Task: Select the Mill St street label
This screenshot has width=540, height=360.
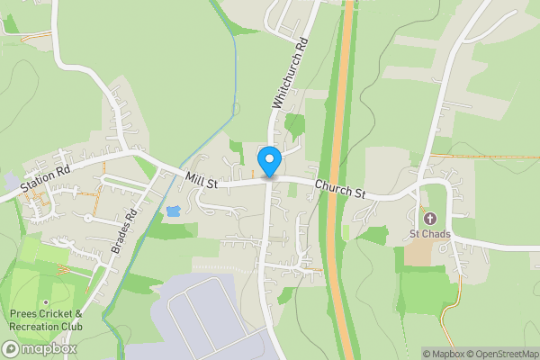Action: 202,182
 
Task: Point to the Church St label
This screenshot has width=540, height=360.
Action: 340,189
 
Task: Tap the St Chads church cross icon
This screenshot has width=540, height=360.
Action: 429,219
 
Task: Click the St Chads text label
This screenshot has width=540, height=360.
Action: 428,235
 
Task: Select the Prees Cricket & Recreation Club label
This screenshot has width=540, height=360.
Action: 45,319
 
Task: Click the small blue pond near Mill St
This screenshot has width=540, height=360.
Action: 173,211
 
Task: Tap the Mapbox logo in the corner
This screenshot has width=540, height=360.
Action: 40,348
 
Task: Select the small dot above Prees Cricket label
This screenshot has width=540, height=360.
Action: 45,302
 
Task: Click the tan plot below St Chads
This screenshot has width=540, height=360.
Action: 418,253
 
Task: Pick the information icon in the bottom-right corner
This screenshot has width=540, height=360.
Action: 415,354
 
